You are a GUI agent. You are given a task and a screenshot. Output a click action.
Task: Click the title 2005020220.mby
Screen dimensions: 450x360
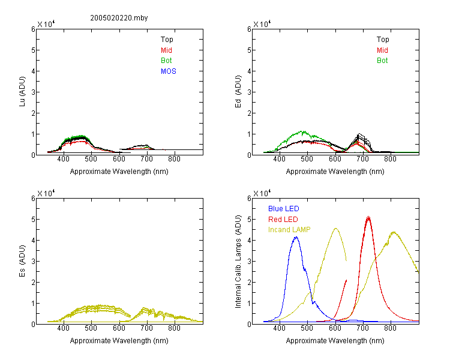point(119,18)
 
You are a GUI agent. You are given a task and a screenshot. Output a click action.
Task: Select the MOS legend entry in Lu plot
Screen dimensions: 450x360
point(169,71)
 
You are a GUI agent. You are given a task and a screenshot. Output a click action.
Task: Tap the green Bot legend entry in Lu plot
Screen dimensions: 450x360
point(166,61)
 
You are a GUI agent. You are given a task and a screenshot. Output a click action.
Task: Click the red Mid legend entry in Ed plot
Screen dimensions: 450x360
point(382,50)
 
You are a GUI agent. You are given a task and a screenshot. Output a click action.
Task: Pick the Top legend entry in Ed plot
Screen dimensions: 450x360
point(383,40)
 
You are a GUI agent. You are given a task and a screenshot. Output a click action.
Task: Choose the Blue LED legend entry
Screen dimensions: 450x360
point(284,209)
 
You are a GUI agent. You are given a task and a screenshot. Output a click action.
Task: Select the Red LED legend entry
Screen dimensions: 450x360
point(283,220)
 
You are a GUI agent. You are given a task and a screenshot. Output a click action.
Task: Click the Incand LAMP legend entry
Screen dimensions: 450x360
point(289,230)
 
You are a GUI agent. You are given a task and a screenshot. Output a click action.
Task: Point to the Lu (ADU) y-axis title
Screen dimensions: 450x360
point(22,92)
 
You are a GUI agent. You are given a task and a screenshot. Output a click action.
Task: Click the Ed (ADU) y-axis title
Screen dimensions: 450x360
point(238,92)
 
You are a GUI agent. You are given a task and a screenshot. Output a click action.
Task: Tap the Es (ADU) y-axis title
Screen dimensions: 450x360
point(22,261)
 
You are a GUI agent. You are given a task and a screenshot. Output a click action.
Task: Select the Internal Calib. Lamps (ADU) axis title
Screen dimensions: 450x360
point(238,262)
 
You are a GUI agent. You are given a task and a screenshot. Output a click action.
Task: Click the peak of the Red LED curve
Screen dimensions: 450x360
point(368,217)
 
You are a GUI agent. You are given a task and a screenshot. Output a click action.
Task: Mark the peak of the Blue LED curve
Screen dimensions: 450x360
point(296,237)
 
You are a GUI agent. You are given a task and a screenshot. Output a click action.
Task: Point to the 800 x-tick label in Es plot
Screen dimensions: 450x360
point(174,328)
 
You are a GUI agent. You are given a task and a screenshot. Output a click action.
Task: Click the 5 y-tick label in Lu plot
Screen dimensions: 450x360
point(33,50)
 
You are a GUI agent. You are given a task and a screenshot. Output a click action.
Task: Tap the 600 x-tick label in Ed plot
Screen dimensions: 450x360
point(335,159)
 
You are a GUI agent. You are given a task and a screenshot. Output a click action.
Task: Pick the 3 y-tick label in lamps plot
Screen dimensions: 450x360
point(249,261)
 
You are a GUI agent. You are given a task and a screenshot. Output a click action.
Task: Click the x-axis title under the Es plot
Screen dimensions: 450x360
point(119,341)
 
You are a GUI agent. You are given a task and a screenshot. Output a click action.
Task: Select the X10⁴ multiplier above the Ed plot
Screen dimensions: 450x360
point(262,24)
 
